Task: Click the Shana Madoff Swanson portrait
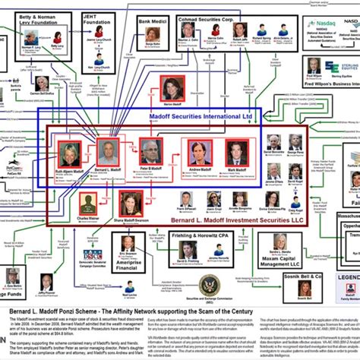point(130,203)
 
